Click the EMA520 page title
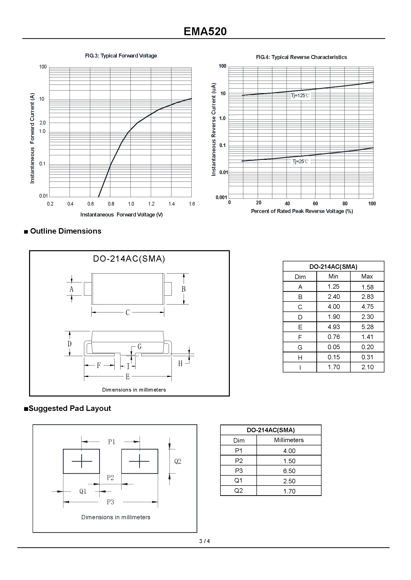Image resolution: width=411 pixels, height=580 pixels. pos(205,31)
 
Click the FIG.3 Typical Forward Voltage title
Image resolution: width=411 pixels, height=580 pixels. pos(121,56)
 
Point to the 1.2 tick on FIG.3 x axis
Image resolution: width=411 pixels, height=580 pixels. pos(151,204)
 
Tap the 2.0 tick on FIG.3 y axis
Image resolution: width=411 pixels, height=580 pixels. pos(42,123)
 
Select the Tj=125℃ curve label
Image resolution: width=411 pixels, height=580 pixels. pos(300,96)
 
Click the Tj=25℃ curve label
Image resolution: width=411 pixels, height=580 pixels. pos(300,161)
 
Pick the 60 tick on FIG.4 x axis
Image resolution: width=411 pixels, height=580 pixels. pos(315,203)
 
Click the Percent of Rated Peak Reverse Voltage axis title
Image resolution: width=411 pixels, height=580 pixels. pos(302,211)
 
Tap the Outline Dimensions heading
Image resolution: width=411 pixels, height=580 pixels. pos(66,231)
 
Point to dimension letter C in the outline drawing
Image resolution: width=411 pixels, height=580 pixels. pos(128,313)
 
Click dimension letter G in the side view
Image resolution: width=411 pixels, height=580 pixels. pos(139,347)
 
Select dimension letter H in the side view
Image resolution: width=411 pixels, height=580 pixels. pos(180,364)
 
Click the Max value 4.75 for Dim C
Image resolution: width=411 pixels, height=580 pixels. pos(367,306)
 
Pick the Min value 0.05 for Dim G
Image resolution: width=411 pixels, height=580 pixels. pos(333,347)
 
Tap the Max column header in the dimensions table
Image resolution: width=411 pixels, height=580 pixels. pos(367,276)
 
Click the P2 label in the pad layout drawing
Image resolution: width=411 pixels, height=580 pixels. pos(110,478)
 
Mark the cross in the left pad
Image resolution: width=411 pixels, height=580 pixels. pos(82,461)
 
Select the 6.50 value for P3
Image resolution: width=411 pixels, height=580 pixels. pos(289,471)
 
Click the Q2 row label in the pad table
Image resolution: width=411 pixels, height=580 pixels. pos(238,490)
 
